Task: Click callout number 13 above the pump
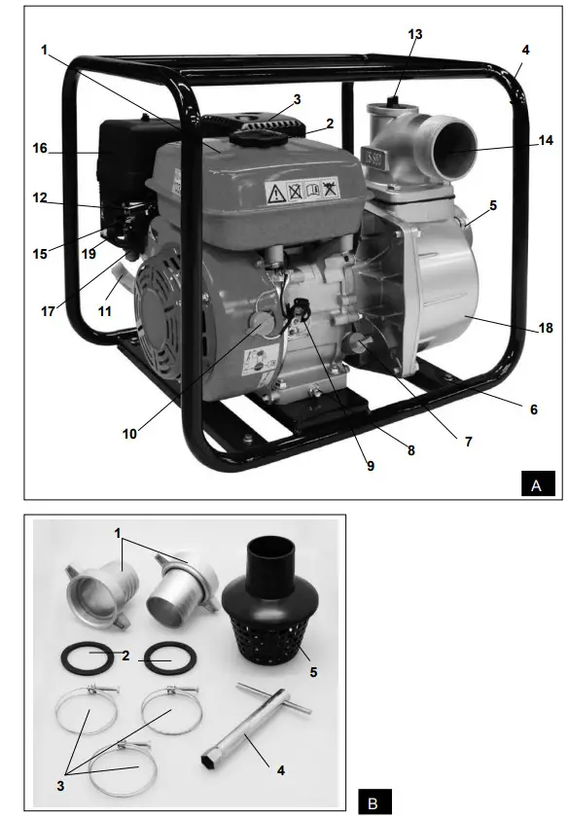tap(415, 34)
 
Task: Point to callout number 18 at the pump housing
tap(545, 329)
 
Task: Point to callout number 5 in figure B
tap(313, 671)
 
